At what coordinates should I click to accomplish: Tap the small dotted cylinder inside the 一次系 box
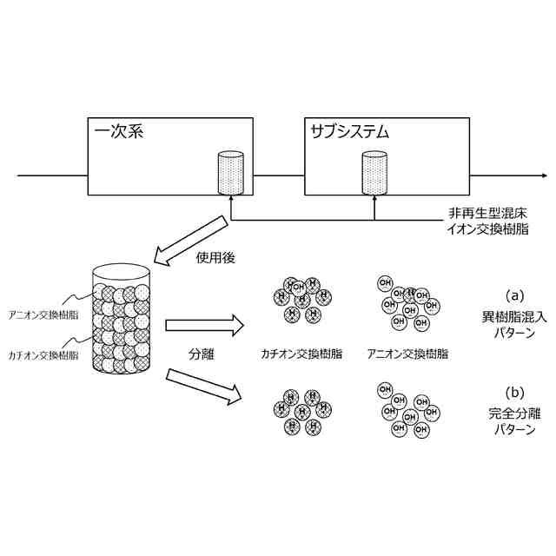click(230, 172)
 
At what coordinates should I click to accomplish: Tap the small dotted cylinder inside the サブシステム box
click(374, 172)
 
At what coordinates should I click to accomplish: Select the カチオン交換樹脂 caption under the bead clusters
click(301, 354)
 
